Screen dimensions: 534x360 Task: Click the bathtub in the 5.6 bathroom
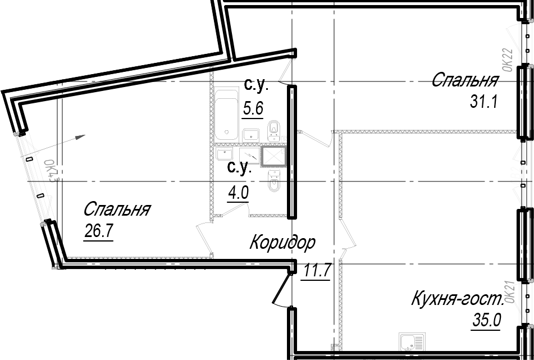(x=226, y=115)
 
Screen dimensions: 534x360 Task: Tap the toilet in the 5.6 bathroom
(x=273, y=131)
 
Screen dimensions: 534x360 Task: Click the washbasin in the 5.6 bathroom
(x=250, y=135)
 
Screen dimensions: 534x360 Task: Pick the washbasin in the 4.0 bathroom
(x=225, y=154)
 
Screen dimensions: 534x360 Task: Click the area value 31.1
(x=483, y=101)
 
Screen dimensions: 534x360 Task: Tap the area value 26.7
(x=98, y=232)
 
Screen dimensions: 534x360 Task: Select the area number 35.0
(x=486, y=320)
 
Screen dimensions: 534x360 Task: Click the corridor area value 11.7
(x=316, y=271)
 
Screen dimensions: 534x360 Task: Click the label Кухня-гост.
(x=458, y=299)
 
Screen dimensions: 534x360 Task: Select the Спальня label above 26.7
(x=116, y=209)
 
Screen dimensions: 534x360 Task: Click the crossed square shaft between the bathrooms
(x=273, y=157)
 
